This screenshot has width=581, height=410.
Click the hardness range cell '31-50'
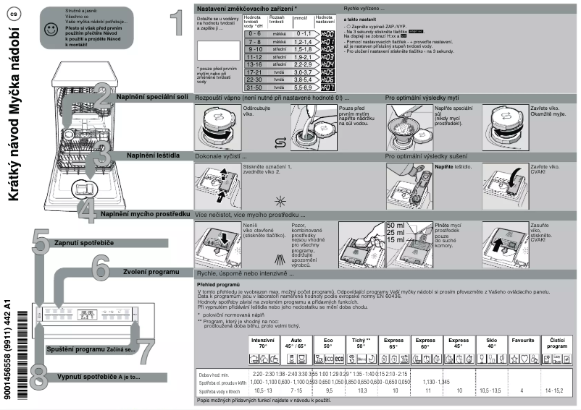coord(254,87)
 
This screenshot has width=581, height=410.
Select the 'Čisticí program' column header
coord(558,343)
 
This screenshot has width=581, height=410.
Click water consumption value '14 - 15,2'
coord(558,390)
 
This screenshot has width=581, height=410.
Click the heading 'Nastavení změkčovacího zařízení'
coord(246,7)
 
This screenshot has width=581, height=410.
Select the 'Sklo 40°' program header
coord(491,343)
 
